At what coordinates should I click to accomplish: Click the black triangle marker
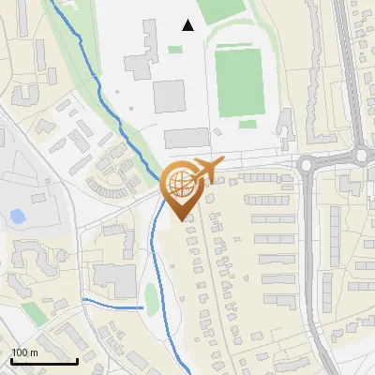tap(188, 25)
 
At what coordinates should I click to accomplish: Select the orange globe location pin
tap(180, 187)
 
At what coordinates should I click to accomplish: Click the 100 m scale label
tap(24, 352)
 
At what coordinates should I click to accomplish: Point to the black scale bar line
tap(44, 361)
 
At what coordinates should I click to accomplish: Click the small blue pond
tap(17, 217)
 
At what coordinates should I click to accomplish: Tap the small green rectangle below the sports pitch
tap(247, 124)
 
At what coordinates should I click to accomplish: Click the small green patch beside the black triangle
tap(175, 50)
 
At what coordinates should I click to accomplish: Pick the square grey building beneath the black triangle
tap(170, 95)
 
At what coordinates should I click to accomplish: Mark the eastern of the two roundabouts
tap(361, 155)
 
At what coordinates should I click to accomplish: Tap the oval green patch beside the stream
tap(151, 299)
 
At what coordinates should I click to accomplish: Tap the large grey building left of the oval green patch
tap(114, 278)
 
